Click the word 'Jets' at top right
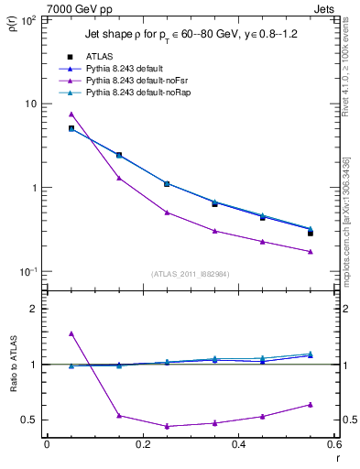[x=325, y=8]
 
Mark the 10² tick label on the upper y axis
[x=29, y=19]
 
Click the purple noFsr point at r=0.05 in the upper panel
[x=71, y=114]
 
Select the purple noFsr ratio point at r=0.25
[x=167, y=426]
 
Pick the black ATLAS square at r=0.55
[x=311, y=234]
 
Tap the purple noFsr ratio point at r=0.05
[x=71, y=333]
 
